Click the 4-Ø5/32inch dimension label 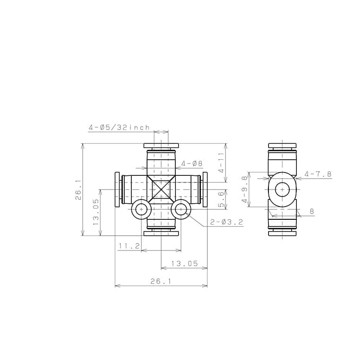point(119,127)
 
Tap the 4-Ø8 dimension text point(192,164)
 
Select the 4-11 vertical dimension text point(221,162)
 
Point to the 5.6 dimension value point(221,199)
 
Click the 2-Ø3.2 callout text point(226,222)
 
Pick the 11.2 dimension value point(129,246)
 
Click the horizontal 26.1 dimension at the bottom point(161,281)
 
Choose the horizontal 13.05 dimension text point(184,263)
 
